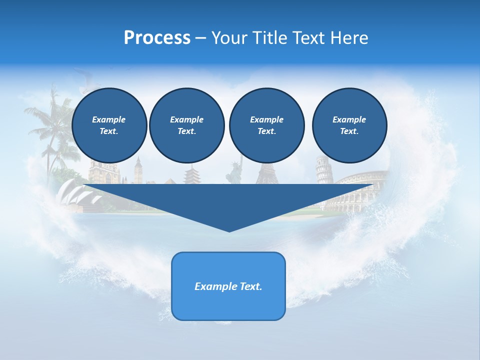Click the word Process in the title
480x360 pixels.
157,38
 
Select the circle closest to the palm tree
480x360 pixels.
109,125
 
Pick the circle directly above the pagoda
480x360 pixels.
186,125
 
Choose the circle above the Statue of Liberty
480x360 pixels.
266,125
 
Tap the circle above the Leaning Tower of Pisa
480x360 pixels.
349,125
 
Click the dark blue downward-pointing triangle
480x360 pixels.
229,202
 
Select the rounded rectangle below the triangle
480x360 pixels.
228,286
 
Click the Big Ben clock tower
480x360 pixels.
138,170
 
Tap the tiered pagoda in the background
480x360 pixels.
192,175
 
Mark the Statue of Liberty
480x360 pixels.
233,172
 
